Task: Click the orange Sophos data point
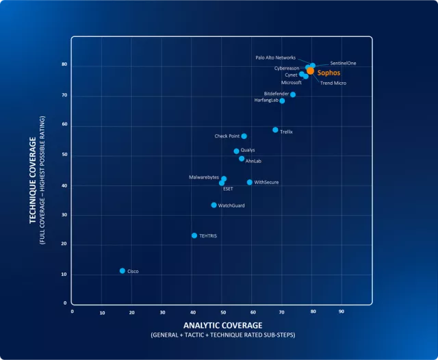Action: point(310,70)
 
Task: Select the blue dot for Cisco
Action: point(123,271)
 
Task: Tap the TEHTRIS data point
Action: point(194,235)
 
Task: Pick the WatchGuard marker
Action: point(214,205)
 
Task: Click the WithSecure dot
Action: point(250,183)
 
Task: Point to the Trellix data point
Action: point(275,130)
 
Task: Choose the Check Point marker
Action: point(244,136)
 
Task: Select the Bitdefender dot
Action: point(293,94)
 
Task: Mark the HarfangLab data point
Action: point(282,101)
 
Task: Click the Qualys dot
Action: point(237,151)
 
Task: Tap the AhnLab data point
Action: point(242,159)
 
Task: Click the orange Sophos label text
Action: point(328,72)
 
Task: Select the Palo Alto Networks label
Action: point(275,57)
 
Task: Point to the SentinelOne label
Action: point(343,63)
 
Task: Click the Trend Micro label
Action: point(333,83)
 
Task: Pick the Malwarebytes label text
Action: point(204,177)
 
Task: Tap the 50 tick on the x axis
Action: point(222,312)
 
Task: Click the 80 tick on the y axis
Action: point(64,65)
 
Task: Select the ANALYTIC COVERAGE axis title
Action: point(222,325)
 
